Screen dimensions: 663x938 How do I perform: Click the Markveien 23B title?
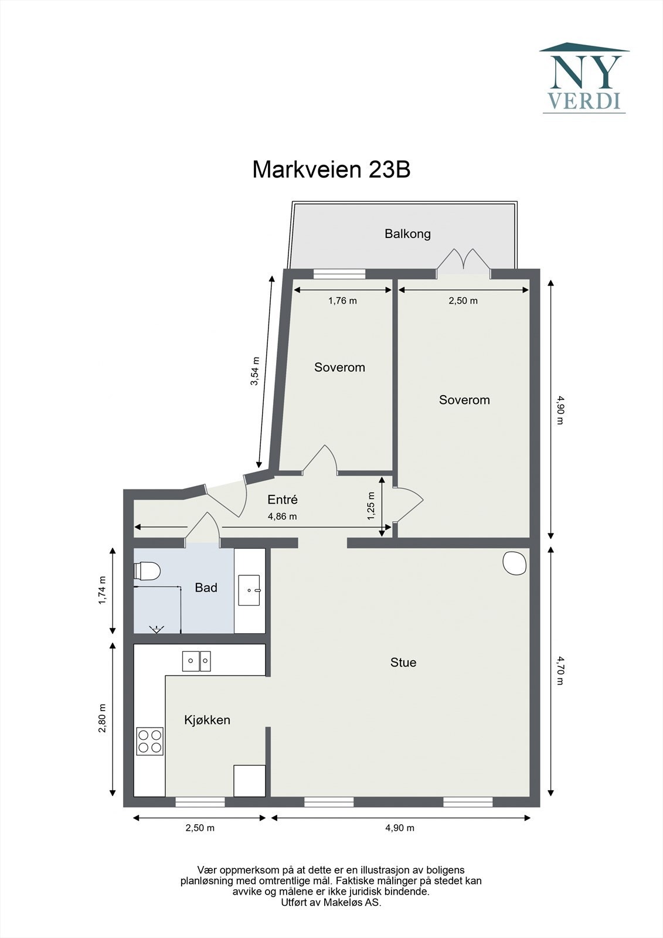331,169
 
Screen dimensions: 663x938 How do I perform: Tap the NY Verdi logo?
584,78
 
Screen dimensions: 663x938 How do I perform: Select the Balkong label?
407,234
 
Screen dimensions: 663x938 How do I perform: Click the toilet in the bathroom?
147,571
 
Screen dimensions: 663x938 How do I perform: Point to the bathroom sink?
249,590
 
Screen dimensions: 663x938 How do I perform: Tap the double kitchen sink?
196,661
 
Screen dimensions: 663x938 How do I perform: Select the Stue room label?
403,662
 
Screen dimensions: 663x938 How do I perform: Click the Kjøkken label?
208,720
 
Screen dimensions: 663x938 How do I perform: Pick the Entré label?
283,499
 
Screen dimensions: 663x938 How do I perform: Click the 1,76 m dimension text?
342,301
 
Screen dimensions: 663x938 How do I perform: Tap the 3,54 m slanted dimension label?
254,372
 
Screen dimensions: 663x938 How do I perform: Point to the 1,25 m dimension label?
372,507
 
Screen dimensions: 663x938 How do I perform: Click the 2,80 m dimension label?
102,719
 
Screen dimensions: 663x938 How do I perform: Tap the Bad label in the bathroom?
206,588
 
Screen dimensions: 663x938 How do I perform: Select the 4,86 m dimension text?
283,516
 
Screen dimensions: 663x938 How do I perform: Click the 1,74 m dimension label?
102,590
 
